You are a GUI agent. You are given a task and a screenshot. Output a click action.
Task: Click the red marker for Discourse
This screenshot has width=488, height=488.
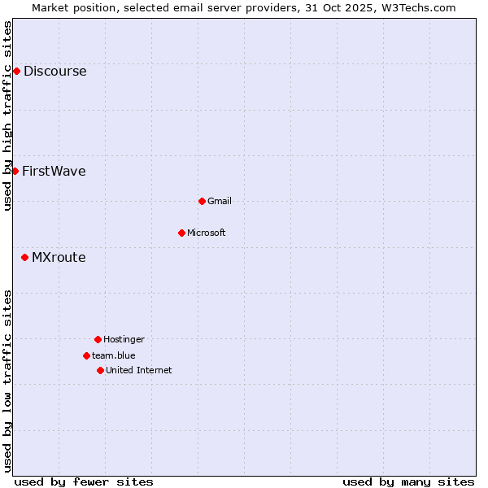[x=16, y=71]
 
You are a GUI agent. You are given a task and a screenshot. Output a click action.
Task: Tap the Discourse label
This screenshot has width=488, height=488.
[x=54, y=71]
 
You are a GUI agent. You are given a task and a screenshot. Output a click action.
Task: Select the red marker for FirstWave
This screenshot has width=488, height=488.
[x=15, y=171]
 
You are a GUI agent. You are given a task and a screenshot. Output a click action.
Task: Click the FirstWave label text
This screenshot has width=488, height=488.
[x=54, y=171]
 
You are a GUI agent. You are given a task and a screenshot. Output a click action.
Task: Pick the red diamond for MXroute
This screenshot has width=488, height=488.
[x=24, y=257]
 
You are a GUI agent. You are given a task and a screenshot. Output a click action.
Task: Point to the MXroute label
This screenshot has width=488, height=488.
[x=59, y=257]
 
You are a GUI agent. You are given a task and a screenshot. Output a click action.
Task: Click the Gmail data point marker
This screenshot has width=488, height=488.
[x=202, y=201]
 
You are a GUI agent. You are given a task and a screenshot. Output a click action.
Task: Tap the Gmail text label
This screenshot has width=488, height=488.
[x=220, y=201]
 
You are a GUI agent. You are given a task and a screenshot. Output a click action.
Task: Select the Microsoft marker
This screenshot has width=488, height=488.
[x=181, y=233]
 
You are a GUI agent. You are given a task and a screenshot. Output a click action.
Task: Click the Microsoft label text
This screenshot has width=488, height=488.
[x=207, y=233]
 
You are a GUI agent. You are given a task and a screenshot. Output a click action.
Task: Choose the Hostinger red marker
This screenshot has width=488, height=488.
[x=98, y=339]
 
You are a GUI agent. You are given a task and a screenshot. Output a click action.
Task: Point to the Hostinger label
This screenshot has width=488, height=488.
[x=124, y=339]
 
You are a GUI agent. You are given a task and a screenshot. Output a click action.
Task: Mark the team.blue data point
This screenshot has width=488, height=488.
[x=86, y=355]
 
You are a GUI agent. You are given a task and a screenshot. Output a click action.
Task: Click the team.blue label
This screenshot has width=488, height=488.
[x=114, y=355]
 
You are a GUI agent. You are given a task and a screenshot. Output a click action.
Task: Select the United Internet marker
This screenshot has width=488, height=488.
[x=100, y=370]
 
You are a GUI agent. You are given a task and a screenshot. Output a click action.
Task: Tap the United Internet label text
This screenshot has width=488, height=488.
[x=139, y=370]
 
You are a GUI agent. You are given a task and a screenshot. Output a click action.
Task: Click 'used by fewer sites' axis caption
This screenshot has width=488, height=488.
[x=84, y=481]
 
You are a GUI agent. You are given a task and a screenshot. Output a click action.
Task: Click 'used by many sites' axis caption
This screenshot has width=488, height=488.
[x=408, y=481]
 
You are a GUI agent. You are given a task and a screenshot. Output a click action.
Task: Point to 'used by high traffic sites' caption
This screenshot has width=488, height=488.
[x=7, y=115]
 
